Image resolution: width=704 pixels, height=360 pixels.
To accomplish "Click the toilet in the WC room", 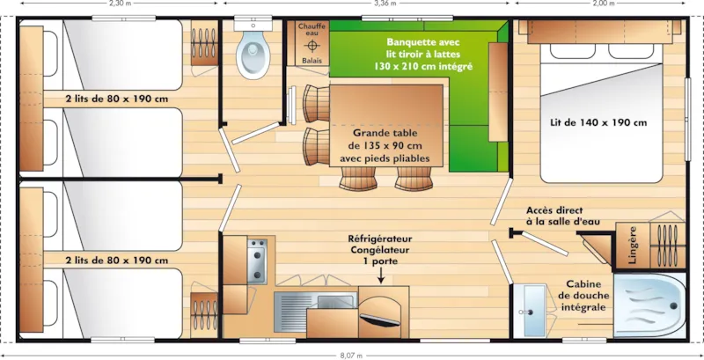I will [253, 53].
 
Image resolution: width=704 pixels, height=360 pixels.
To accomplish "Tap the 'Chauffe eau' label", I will [312, 30].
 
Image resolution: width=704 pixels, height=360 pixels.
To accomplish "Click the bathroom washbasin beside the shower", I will [530, 310].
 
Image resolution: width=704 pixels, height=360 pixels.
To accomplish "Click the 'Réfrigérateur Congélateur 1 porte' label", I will [380, 248].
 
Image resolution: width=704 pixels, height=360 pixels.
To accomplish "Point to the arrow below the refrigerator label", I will [380, 275].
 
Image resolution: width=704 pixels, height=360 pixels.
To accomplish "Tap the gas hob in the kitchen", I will [257, 257].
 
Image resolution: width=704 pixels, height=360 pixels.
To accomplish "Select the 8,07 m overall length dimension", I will [351, 355].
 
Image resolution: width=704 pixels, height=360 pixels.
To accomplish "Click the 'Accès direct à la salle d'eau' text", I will [563, 216].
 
